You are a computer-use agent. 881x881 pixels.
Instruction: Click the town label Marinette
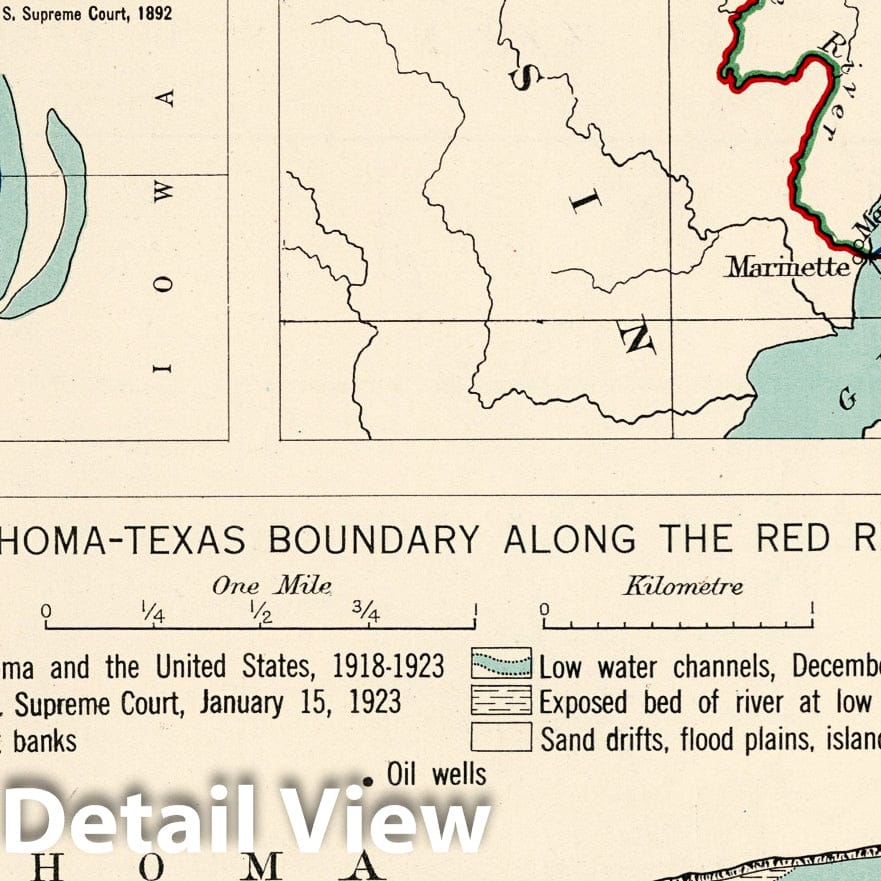coord(787,267)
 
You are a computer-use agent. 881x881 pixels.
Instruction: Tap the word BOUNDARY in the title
coord(374,540)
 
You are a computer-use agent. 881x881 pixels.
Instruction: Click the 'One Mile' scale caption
coord(271,586)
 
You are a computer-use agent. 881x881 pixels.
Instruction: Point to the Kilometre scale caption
coord(683,586)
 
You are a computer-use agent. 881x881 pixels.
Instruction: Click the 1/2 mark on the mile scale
coord(261,614)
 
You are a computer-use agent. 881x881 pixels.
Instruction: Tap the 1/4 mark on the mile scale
coord(153,614)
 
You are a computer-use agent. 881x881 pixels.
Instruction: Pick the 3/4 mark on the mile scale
coord(367,614)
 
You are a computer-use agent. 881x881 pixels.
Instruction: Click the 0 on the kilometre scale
coord(544,610)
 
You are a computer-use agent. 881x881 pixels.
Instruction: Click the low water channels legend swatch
coord(501,664)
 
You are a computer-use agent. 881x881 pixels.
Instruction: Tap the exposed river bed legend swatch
coord(501,701)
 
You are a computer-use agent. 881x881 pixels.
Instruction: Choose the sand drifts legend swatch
coord(501,738)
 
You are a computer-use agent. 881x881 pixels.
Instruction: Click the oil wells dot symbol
coord(370,780)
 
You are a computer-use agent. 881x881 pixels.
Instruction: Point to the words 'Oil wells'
coord(436,774)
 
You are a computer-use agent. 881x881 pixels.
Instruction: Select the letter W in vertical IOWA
coord(165,190)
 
